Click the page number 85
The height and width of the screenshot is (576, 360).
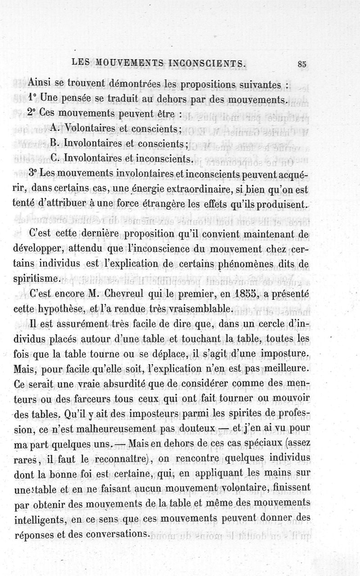point(301,63)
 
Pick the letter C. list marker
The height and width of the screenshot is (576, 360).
point(55,158)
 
